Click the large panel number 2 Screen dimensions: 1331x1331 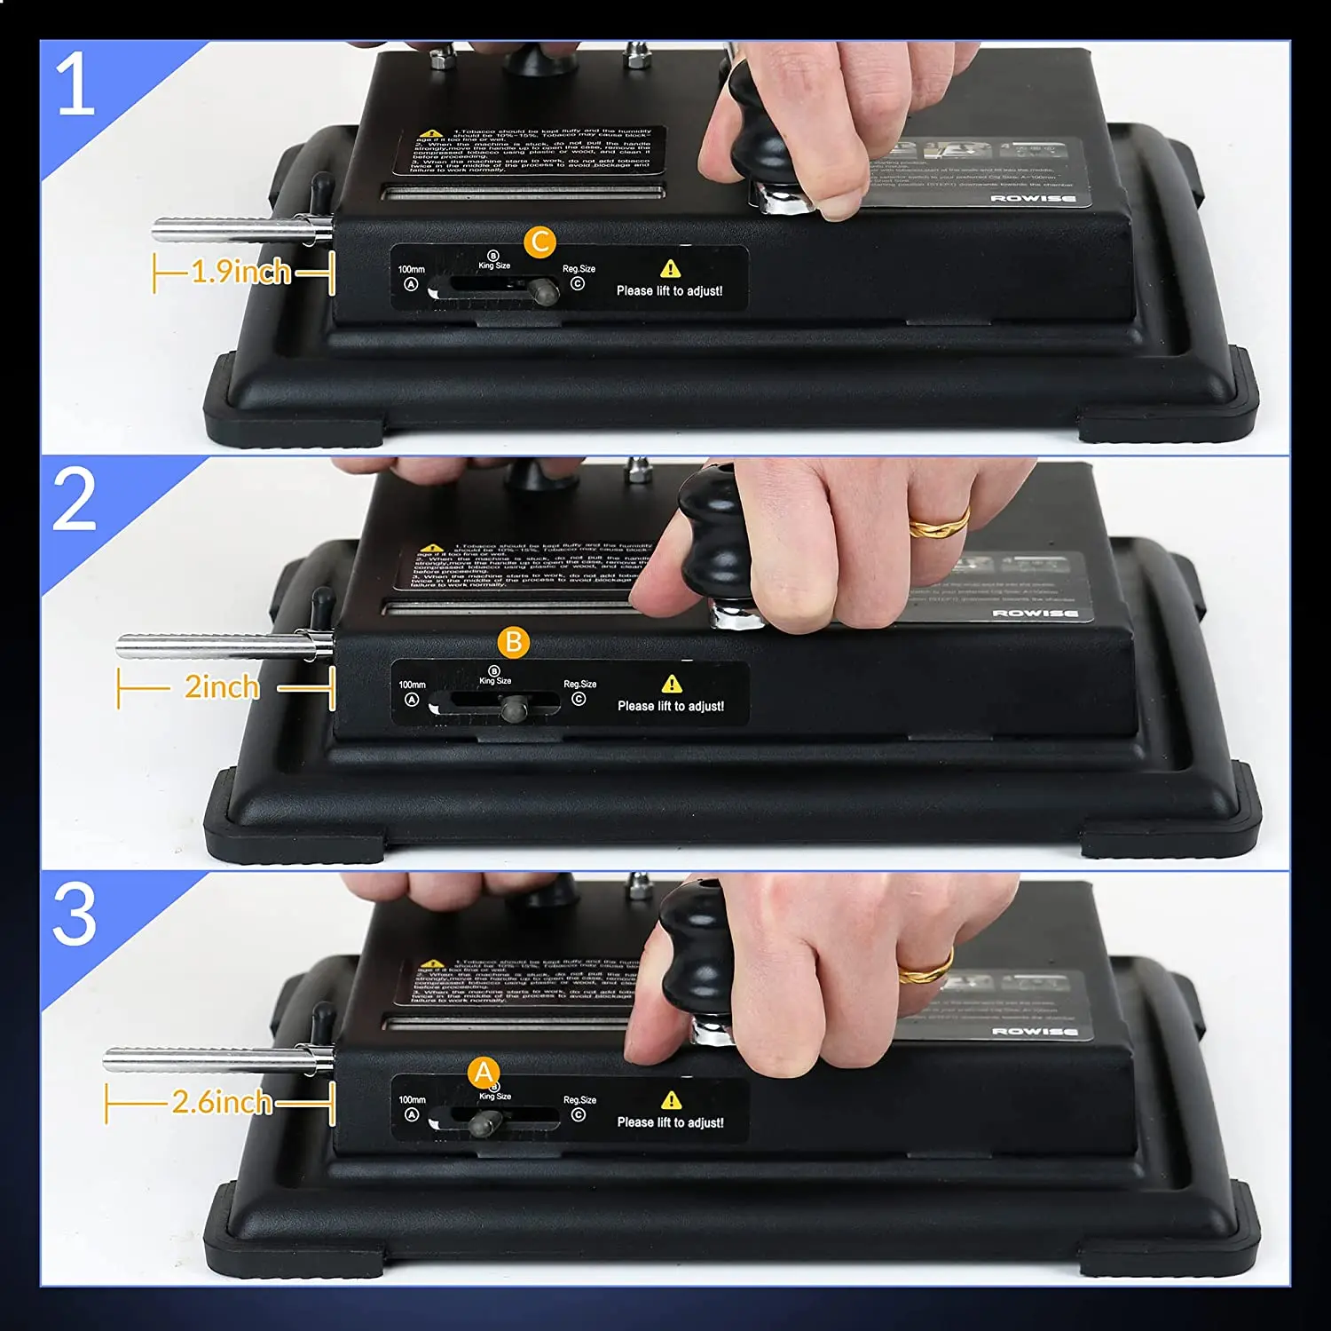point(75,499)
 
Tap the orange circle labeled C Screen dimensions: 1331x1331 point(539,242)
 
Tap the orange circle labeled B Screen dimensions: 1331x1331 point(513,642)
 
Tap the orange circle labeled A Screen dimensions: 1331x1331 point(484,1073)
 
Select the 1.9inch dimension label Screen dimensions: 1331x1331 point(241,272)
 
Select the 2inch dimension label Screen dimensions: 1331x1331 point(222,687)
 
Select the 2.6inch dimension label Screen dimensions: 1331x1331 point(222,1103)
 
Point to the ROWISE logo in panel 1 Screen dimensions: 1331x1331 point(1033,198)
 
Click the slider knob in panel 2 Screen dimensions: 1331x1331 point(514,708)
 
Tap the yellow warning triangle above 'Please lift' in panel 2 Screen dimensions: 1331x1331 point(672,684)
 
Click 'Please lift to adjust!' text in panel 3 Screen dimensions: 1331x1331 point(670,1122)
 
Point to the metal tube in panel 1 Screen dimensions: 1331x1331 point(235,231)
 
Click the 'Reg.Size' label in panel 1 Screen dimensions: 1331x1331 point(579,268)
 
